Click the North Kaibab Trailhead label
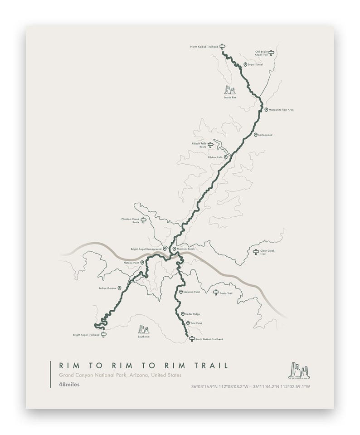coord(204,46)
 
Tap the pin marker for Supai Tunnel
coord(245,65)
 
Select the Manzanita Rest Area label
coord(281,110)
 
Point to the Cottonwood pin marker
coord(256,135)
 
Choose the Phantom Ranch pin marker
coord(174,249)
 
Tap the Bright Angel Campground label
coord(146,249)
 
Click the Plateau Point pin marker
coord(142,263)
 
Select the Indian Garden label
coord(107,288)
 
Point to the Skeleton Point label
coord(192,292)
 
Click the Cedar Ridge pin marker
coord(182,314)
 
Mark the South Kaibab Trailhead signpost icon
coord(192,338)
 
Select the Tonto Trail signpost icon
coord(216,293)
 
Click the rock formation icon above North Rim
coord(230,90)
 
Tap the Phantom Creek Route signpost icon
coord(144,220)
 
